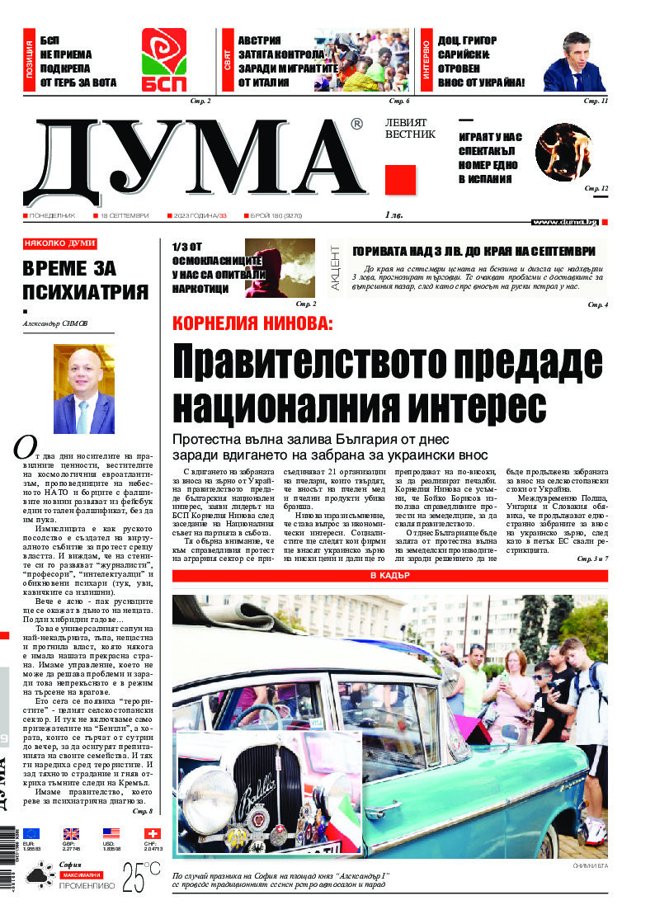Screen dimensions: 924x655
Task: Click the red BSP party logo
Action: pos(164,60)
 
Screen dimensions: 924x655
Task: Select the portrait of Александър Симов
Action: pos(84,389)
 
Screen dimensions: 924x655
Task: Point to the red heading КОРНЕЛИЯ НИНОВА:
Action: pos(252,324)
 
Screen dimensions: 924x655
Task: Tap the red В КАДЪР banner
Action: pos(389,575)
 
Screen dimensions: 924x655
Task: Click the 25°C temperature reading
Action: pos(141,878)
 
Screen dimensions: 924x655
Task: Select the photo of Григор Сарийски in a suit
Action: pos(575,62)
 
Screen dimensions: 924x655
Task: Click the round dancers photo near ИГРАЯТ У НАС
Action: pos(563,151)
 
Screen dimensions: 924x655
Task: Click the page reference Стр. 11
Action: pos(596,101)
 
